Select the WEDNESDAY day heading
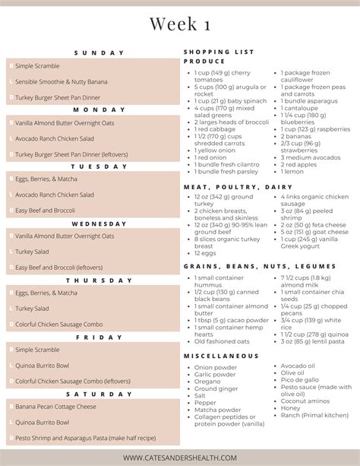(98, 224)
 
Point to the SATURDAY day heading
(99, 394)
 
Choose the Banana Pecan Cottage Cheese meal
(57, 407)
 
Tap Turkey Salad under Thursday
(32, 309)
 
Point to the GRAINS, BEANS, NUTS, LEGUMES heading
(259, 267)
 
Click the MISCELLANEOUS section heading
(221, 356)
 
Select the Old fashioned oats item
(221, 341)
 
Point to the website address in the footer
(180, 457)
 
